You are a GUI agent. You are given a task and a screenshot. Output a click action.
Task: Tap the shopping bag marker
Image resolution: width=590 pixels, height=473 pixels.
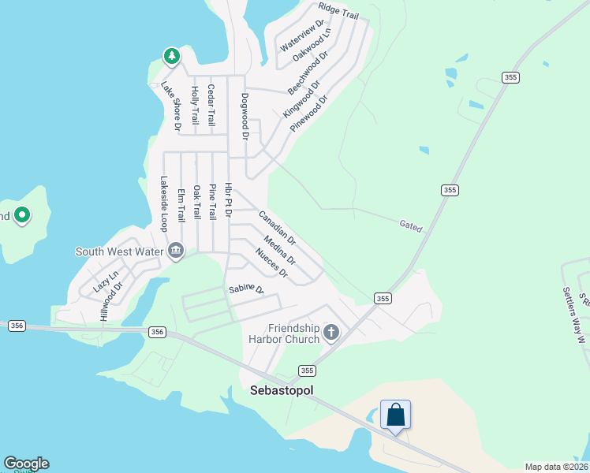pos(395,414)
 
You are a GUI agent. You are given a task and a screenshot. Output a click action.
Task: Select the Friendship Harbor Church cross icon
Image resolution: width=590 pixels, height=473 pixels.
pos(331,333)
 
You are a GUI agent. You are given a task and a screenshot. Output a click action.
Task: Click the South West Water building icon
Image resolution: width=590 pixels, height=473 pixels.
pos(175,251)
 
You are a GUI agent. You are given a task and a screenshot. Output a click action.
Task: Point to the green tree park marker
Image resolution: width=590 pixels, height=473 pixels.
pos(171,56)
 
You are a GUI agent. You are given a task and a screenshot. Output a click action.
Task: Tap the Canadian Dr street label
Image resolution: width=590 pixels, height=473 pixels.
pos(277,227)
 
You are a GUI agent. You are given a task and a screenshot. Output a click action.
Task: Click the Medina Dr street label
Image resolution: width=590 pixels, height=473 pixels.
pos(280,250)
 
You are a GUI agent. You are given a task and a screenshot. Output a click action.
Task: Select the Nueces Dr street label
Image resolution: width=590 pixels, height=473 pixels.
pos(271,263)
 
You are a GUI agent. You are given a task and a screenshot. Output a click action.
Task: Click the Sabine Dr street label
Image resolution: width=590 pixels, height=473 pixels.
pos(245,289)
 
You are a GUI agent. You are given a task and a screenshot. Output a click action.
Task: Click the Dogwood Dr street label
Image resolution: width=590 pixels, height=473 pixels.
pos(245,117)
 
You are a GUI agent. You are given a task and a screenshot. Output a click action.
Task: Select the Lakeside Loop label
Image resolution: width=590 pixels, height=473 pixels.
pos(164,203)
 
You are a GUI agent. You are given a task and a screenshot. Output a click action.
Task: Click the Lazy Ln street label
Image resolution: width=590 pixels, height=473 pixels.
pos(106,281)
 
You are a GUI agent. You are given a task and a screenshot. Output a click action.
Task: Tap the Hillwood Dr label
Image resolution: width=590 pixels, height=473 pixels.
pos(111,301)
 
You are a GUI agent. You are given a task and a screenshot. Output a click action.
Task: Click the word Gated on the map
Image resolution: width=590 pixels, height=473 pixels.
pos(410,227)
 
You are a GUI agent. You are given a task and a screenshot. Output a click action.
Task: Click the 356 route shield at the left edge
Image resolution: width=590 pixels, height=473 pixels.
pos(16,326)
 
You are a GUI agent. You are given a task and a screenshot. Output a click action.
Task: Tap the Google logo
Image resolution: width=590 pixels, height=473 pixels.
pos(25,464)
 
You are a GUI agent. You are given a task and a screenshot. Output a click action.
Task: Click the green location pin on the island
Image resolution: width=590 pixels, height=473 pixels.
pos(22,214)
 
